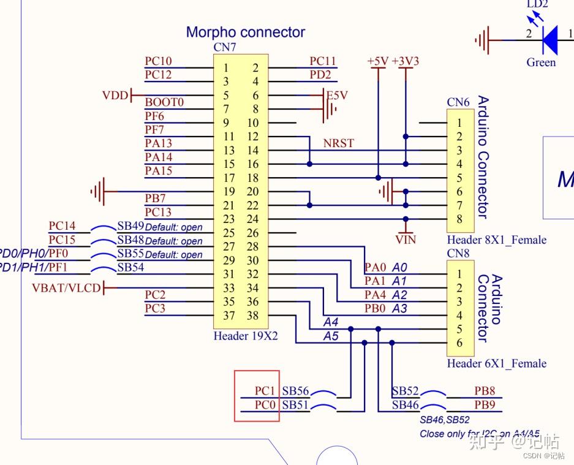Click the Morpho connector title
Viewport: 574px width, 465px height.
click(245, 32)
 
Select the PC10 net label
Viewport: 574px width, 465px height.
click(158, 61)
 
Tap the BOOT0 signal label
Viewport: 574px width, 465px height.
click(164, 102)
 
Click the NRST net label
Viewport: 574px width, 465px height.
click(339, 143)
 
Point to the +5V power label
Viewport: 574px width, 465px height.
click(377, 61)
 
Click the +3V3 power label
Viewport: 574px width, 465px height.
click(406, 61)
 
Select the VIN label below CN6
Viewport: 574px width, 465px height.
click(406, 240)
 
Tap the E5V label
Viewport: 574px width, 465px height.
click(337, 96)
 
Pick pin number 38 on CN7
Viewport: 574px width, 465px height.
click(252, 316)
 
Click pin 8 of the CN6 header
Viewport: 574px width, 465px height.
click(459, 219)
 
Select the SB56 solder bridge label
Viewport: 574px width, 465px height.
click(295, 391)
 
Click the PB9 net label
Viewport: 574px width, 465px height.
click(485, 404)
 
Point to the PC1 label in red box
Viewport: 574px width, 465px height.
click(265, 391)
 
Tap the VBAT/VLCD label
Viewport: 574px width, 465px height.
click(66, 288)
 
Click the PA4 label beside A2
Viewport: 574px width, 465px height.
click(376, 295)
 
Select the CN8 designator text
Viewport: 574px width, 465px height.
click(458, 252)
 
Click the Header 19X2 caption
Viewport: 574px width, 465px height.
click(245, 336)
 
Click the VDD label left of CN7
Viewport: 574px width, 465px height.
click(115, 96)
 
